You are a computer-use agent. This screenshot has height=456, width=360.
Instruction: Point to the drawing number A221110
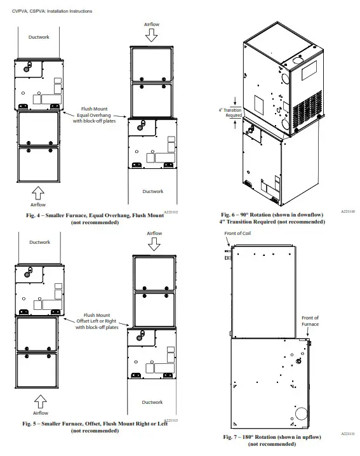pos(348,210)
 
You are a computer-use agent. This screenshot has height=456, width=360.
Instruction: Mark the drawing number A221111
pos(348,434)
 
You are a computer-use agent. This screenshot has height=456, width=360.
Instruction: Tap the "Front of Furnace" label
pos(310,321)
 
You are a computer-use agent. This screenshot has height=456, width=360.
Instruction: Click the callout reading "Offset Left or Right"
pos(97,321)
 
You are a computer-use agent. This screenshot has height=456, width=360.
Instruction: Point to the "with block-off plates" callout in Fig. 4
pos(96,120)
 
